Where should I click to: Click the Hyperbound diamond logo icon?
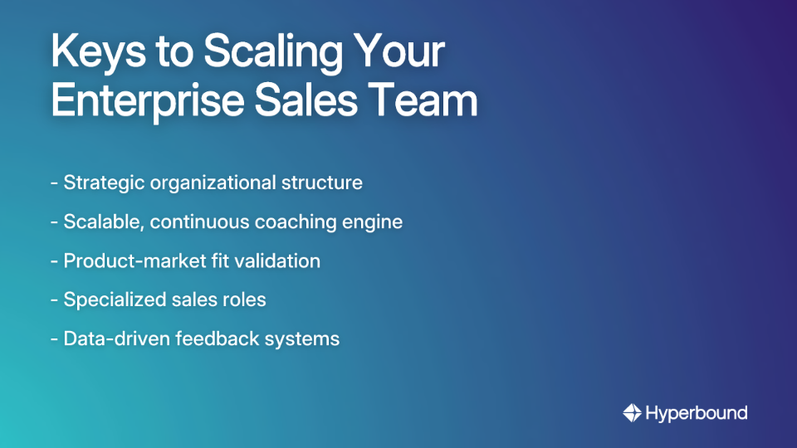(632, 412)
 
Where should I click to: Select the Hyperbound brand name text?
(697, 412)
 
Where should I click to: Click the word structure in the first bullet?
(323, 183)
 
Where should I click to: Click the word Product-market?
(132, 261)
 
